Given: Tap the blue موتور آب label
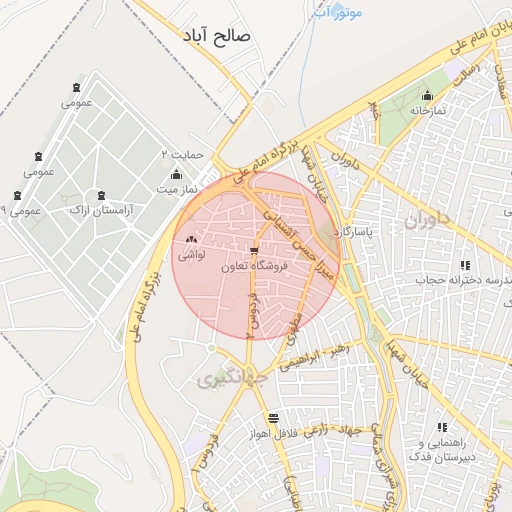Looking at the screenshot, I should click(x=337, y=11).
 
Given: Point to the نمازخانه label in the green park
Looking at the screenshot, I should click(x=424, y=111).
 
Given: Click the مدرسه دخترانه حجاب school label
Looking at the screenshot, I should click(x=464, y=281).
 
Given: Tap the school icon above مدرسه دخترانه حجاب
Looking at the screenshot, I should click(x=464, y=265).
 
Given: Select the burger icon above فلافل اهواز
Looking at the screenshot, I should click(x=273, y=417).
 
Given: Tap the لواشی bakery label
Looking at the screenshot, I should click(x=191, y=255).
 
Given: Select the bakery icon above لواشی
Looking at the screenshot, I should click(x=190, y=239).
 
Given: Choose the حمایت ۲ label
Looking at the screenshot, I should click(x=183, y=155).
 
